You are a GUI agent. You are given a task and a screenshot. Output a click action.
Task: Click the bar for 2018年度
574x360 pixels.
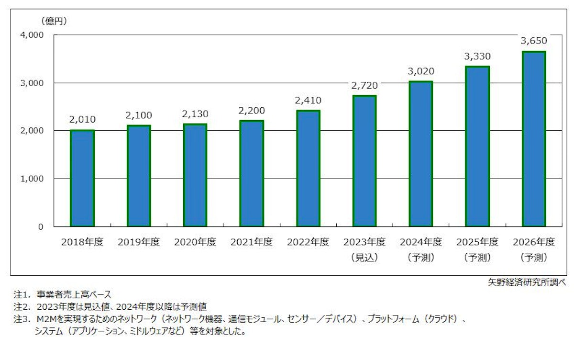(x=82, y=178)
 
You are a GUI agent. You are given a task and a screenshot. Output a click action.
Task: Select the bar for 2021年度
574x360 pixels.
(x=252, y=173)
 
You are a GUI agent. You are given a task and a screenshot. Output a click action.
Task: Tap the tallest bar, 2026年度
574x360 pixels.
(x=534, y=139)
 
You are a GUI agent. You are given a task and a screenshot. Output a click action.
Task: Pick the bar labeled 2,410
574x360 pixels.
(x=308, y=169)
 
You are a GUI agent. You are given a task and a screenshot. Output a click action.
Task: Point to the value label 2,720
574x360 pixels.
(x=364, y=86)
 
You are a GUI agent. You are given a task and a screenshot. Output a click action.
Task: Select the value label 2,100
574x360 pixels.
(x=139, y=115)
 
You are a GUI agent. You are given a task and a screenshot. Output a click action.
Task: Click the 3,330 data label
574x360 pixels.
(x=477, y=56)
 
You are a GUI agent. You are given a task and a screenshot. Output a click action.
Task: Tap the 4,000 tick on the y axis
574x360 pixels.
(x=32, y=35)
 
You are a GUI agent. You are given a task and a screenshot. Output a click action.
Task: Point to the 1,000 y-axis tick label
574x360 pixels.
(x=32, y=179)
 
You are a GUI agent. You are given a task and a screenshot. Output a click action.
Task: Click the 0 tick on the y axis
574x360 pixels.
(x=41, y=226)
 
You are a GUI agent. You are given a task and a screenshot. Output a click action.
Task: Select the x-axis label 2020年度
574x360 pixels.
(x=195, y=242)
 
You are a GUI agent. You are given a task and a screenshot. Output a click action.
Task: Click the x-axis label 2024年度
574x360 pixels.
(x=421, y=242)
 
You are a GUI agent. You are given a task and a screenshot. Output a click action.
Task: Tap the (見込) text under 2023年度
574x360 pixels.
(x=364, y=258)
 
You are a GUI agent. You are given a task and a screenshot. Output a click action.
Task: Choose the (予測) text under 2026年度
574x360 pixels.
(x=534, y=258)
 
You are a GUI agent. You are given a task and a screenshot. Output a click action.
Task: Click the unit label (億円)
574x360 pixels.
(x=54, y=21)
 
